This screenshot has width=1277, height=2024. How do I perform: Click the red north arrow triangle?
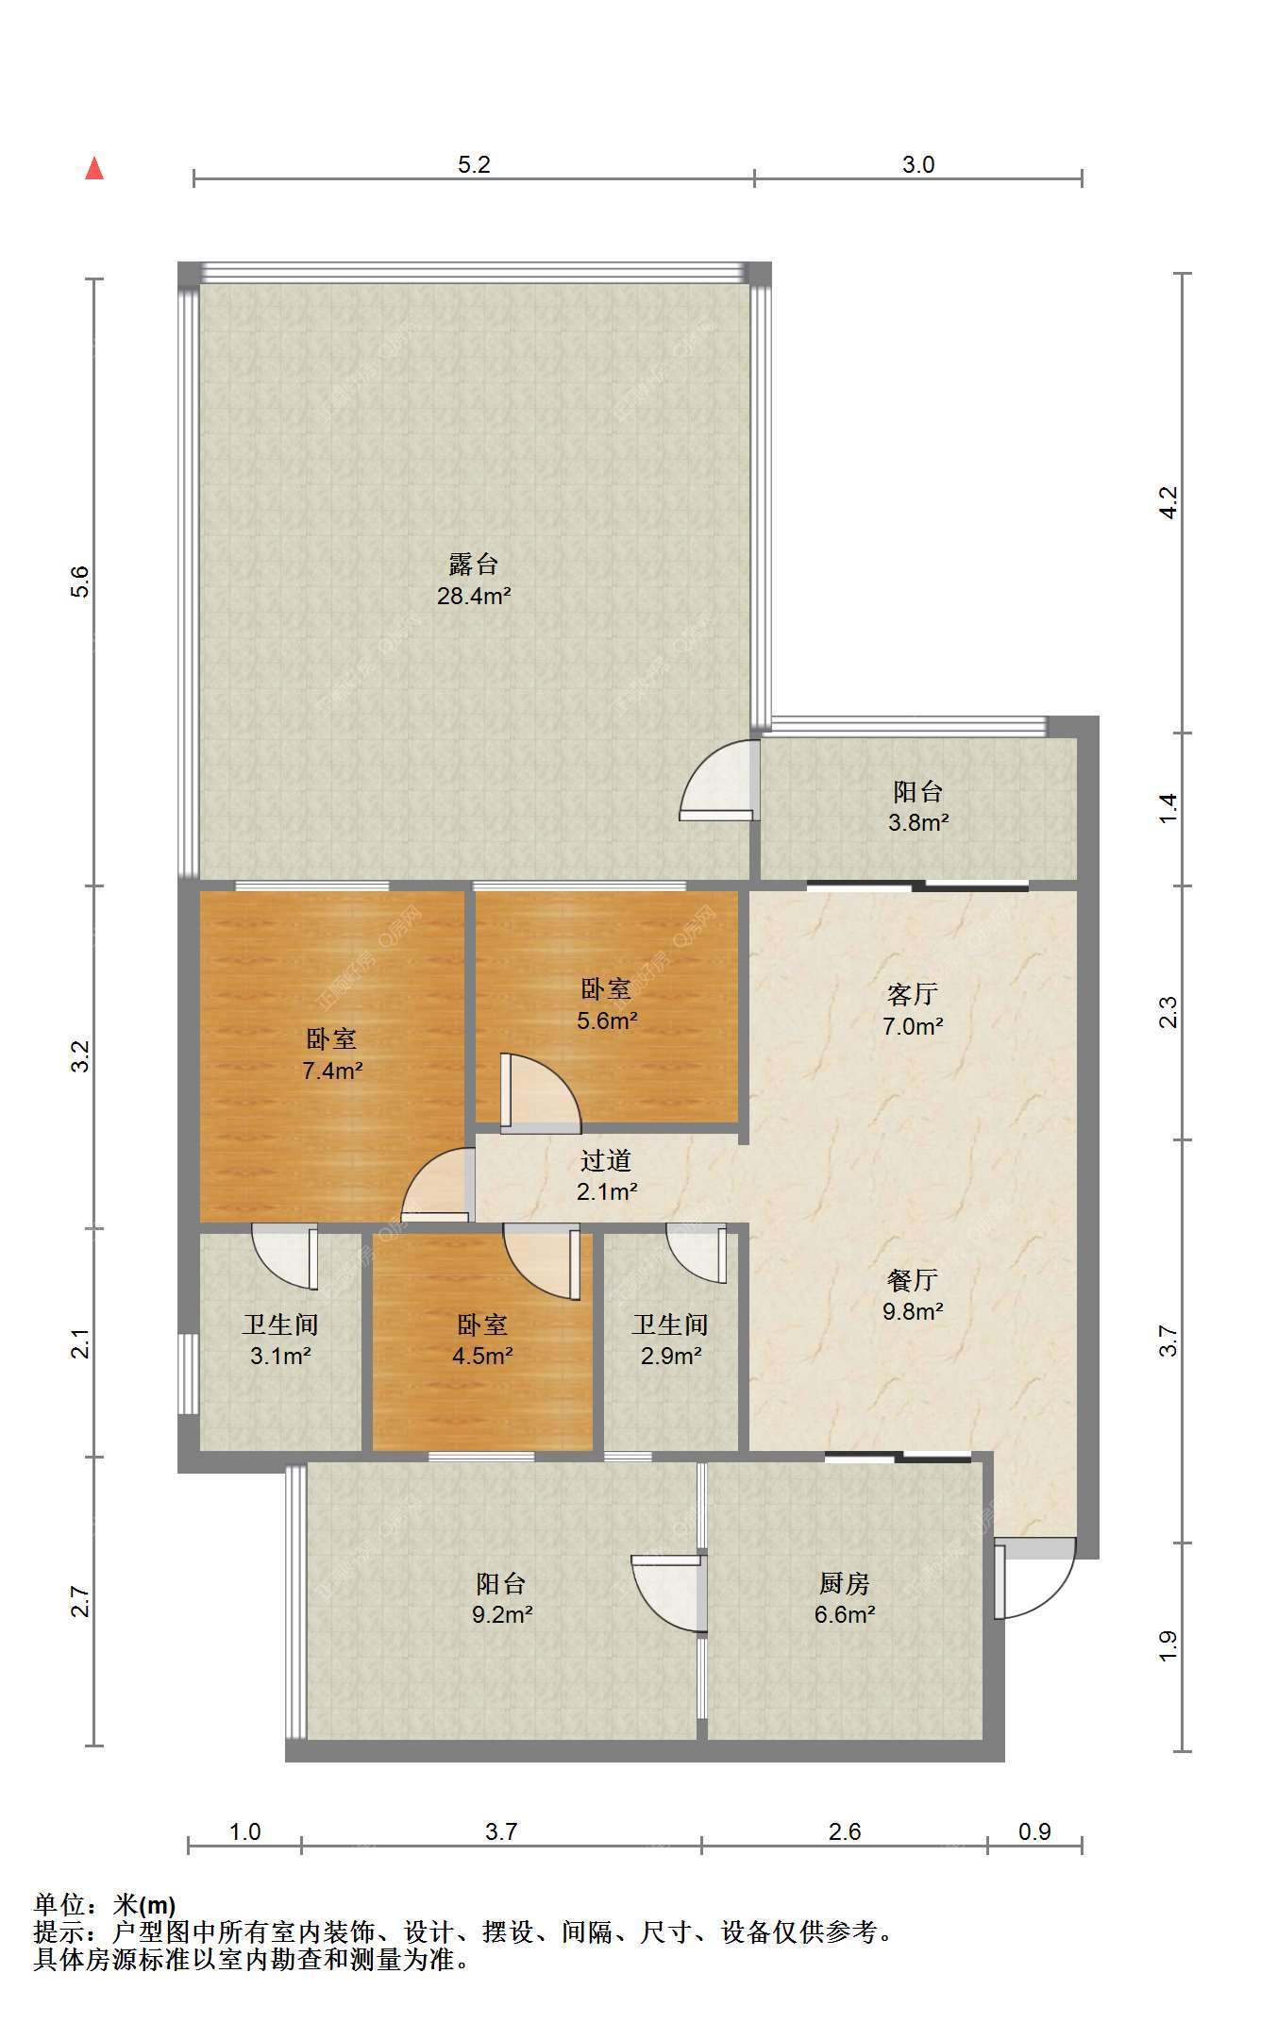click(94, 168)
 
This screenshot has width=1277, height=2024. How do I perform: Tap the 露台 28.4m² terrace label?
click(474, 580)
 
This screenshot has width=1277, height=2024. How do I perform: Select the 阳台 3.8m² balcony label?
click(918, 806)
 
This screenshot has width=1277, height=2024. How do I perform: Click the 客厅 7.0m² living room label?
click(913, 1009)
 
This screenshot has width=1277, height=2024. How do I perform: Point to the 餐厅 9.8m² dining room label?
click(913, 1294)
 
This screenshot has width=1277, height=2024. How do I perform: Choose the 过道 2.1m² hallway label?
click(607, 1175)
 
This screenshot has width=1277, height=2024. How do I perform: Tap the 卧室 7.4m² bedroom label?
click(332, 1054)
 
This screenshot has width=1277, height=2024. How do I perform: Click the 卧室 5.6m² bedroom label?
click(607, 1004)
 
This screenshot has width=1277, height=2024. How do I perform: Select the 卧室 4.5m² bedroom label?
click(482, 1340)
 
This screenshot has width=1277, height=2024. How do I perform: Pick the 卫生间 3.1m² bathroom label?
click(280, 1340)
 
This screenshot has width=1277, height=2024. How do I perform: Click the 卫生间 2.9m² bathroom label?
click(670, 1340)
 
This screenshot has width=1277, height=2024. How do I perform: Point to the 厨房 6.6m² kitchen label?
click(845, 1598)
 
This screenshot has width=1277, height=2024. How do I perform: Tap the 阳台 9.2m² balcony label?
click(502, 1598)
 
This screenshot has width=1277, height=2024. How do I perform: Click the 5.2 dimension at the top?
click(474, 164)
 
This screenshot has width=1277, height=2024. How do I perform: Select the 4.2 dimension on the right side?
click(1168, 501)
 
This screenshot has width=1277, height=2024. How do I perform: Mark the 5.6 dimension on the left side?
click(80, 581)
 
